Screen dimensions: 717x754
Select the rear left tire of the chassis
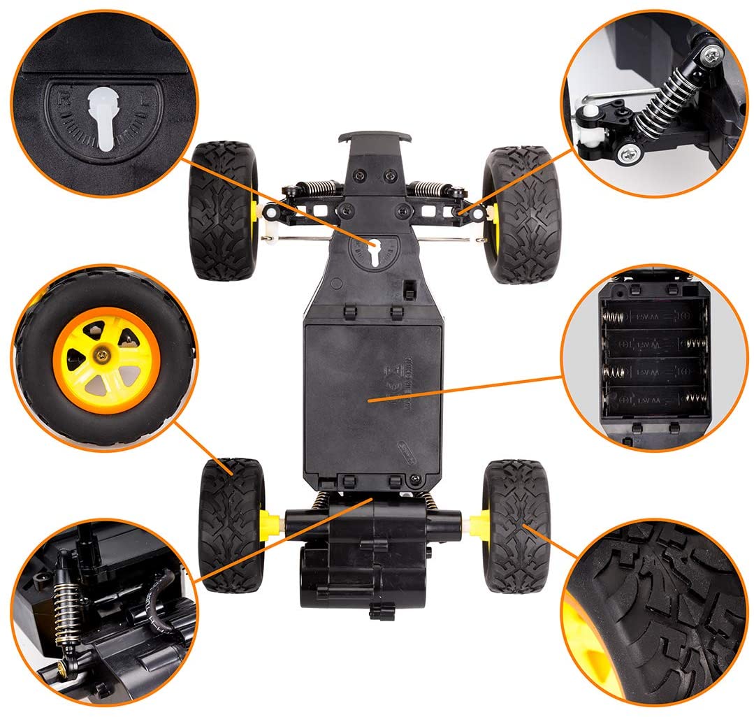click(x=230, y=524)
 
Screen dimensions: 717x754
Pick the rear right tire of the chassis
click(x=515, y=525)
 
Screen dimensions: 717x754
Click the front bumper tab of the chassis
click(x=373, y=138)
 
